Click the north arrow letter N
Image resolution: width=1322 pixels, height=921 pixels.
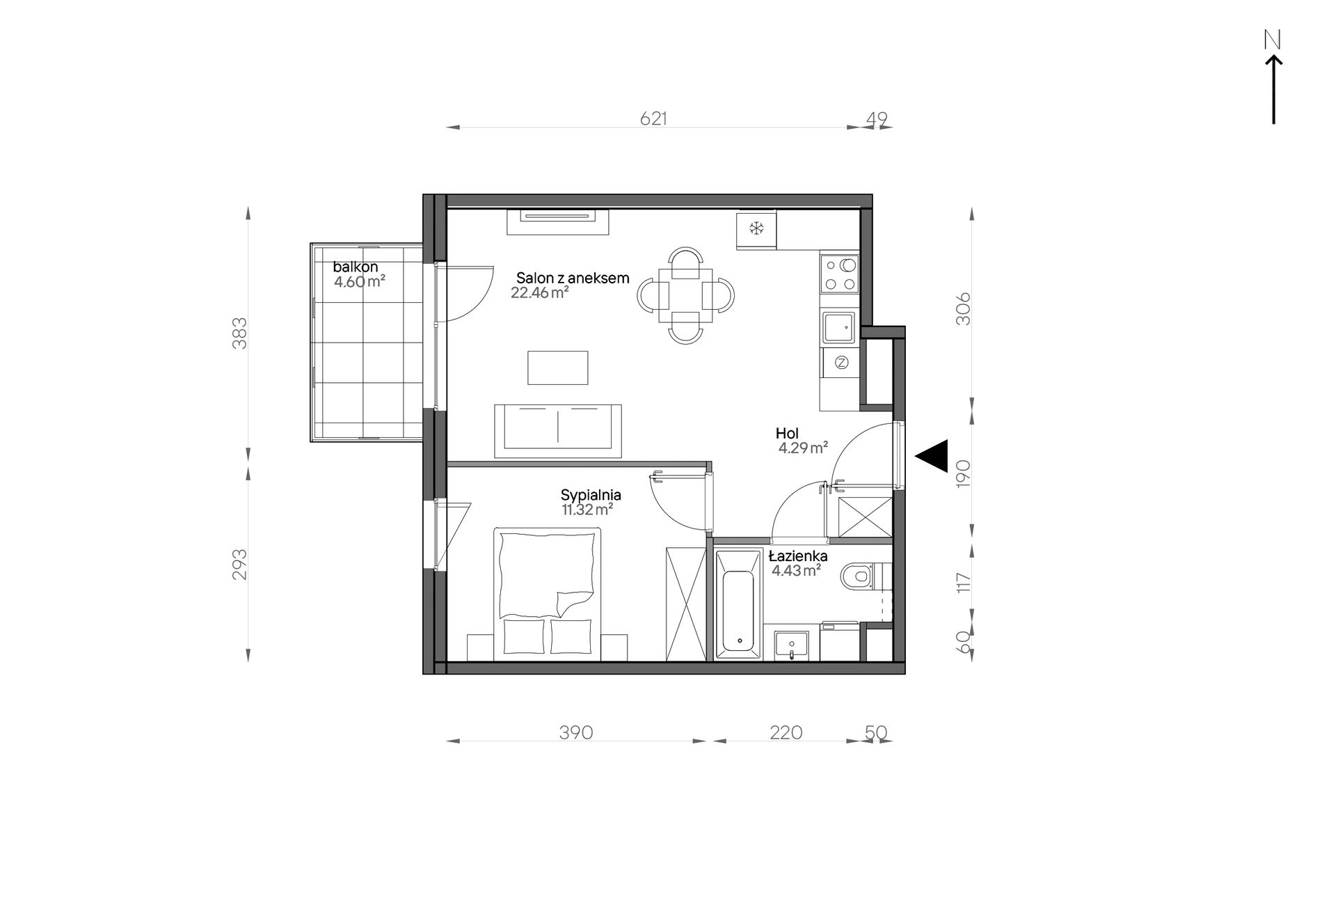[1273, 40]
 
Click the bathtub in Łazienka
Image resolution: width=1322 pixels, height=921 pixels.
[739, 604]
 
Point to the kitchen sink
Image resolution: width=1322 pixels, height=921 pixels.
[839, 328]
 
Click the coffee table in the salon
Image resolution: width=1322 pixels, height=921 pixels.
[557, 368]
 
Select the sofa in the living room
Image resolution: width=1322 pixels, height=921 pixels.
[558, 431]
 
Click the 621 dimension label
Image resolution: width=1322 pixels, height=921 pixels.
[653, 119]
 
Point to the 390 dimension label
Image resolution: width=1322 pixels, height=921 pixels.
[576, 733]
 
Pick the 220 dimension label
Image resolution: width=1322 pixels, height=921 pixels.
[786, 733]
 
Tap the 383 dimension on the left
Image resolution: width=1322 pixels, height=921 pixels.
[239, 333]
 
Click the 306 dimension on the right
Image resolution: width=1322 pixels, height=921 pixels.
[963, 309]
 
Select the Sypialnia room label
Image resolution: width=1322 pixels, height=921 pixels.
[591, 495]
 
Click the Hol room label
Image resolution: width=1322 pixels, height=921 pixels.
[787, 434]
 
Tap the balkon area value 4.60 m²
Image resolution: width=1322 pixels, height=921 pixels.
[360, 282]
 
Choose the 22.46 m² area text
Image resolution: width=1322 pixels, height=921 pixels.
[540, 293]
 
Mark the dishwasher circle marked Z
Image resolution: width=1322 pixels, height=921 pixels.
[841, 362]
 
